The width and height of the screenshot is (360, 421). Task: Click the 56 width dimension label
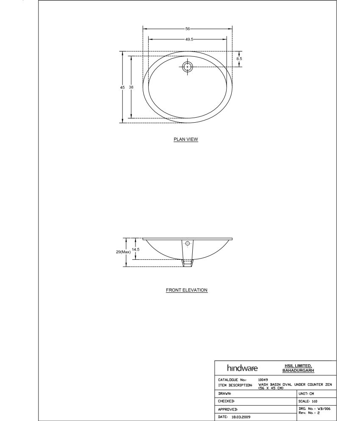coord(187,29)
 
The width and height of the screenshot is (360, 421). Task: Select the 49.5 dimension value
coord(189,39)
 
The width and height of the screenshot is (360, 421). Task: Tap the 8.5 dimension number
coord(239,59)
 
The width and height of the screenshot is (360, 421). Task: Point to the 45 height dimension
coord(122,87)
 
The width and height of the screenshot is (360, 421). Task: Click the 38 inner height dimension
coord(131,87)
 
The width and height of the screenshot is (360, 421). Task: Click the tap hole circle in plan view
coord(187,66)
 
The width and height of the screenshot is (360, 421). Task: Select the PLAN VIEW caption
coord(186,139)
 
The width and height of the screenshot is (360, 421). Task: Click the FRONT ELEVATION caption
coord(186,290)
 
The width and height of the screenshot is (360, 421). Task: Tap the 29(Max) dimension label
coord(123,252)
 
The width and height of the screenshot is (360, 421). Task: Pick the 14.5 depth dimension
coord(136,250)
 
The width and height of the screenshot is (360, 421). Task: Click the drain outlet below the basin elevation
coord(187,263)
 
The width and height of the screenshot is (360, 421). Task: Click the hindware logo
coord(242,368)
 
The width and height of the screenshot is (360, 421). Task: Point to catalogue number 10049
coord(263,380)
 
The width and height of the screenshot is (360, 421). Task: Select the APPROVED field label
coord(228,409)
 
